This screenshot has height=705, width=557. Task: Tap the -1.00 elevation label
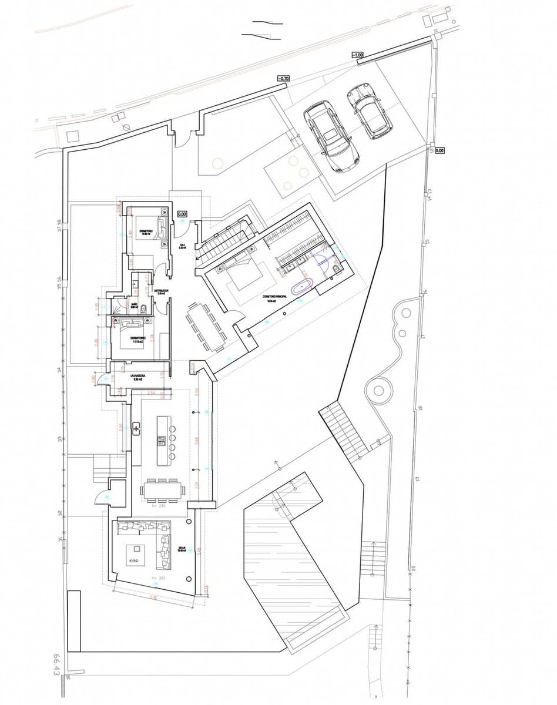tap(357, 55)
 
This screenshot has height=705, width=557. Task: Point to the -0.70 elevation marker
tap(284, 78)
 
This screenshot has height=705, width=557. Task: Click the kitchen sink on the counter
tap(136, 428)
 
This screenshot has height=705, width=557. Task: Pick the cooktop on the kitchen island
tap(161, 439)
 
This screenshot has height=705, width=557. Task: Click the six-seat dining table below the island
tap(161, 488)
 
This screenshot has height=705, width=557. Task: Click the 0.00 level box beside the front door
tap(182, 214)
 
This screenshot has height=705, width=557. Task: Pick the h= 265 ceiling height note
tap(157, 579)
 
